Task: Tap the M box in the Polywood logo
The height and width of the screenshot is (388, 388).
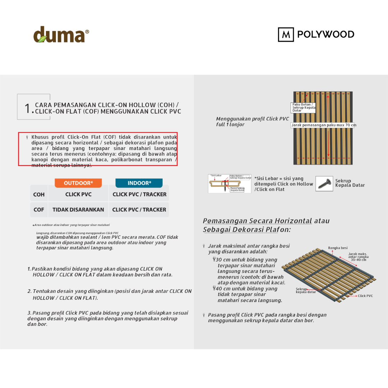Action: pyautogui.click(x=286, y=34)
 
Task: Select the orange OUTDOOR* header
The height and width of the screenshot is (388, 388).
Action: pyautogui.click(x=78, y=183)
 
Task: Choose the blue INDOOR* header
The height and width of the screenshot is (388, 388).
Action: pyautogui.click(x=139, y=183)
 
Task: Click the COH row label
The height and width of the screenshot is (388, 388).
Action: pyautogui.click(x=39, y=194)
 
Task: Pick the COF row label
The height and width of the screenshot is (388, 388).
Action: pyautogui.click(x=39, y=209)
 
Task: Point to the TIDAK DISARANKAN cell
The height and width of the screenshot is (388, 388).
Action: pyautogui.click(x=78, y=209)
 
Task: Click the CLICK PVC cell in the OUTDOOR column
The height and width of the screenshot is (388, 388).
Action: pyautogui.click(x=78, y=194)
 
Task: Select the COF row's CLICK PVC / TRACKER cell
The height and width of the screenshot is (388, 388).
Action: pyautogui.click(x=139, y=209)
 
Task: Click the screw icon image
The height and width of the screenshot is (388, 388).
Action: pyautogui.click(x=324, y=183)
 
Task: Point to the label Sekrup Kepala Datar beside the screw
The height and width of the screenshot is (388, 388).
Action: pyautogui.click(x=350, y=183)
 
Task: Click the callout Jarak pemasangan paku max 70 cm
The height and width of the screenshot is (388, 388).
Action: pyautogui.click(x=323, y=125)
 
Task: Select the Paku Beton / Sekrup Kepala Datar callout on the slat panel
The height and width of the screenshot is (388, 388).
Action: pyautogui.click(x=304, y=107)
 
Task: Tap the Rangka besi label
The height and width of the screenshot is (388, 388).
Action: pyautogui.click(x=338, y=248)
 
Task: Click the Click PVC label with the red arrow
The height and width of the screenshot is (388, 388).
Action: pyautogui.click(x=365, y=296)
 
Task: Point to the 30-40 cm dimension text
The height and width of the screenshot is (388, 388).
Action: pyautogui.click(x=359, y=260)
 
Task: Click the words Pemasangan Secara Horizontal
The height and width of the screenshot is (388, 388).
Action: pyautogui.click(x=257, y=221)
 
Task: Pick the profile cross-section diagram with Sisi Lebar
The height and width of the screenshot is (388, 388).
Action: pyautogui.click(x=230, y=183)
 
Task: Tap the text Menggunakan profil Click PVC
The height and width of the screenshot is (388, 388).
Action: pyautogui.click(x=252, y=119)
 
